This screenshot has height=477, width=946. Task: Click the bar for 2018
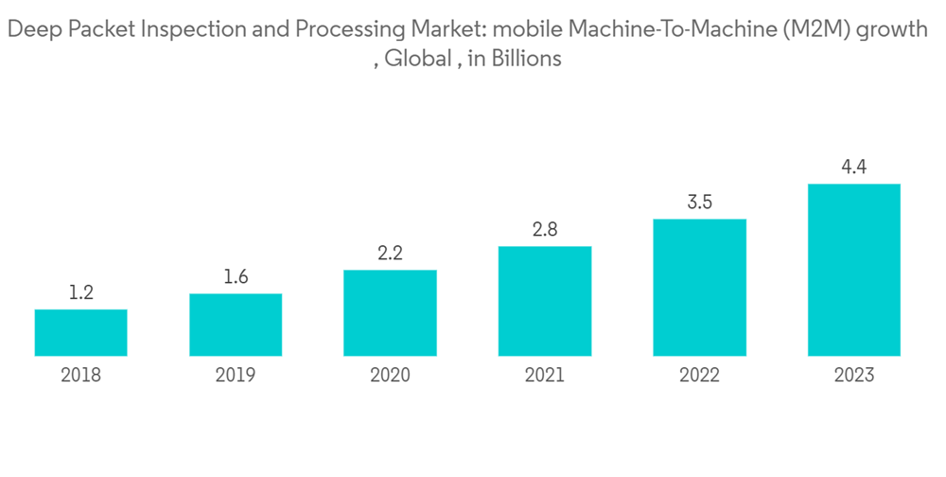[x=80, y=332]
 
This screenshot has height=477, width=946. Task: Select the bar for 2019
[x=236, y=325]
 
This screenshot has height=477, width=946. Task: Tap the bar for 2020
[x=390, y=312]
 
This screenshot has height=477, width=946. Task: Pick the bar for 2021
[x=544, y=301]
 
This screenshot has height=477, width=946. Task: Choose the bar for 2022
[x=699, y=288]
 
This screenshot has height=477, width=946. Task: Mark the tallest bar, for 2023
[x=853, y=270]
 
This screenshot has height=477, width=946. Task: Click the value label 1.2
[x=80, y=293]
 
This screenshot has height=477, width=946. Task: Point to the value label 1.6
[x=236, y=277]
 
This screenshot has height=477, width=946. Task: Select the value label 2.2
[x=390, y=254]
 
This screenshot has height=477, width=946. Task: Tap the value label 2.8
[x=544, y=230]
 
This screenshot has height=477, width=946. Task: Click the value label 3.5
[x=699, y=203]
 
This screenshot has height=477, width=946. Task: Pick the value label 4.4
[x=853, y=168]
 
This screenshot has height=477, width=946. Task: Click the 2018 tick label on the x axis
[x=80, y=376]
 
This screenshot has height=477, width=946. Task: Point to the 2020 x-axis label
[x=390, y=376]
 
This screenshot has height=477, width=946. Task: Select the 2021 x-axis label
[x=544, y=376]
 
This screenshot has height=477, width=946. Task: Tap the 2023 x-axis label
[x=853, y=376]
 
